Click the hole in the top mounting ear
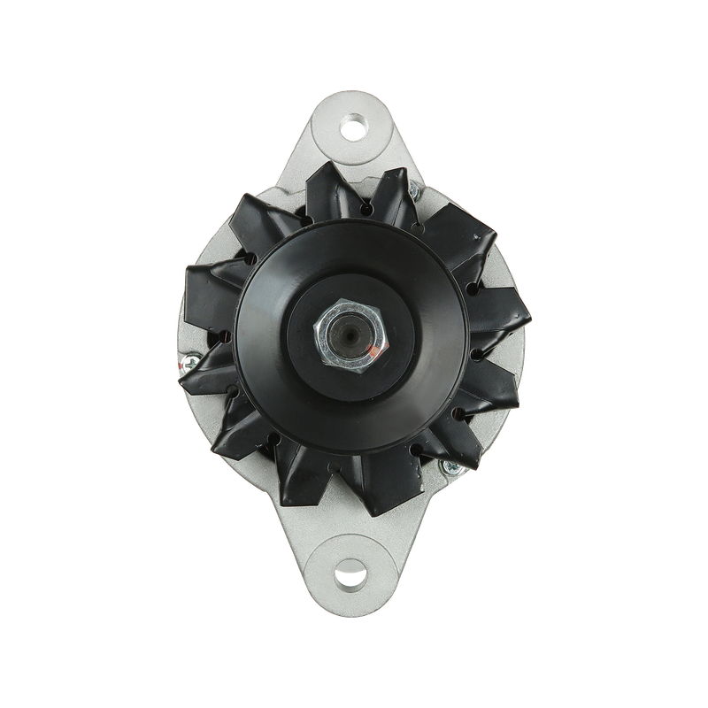pyautogui.click(x=354, y=126)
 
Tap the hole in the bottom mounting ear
pyautogui.click(x=354, y=582)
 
